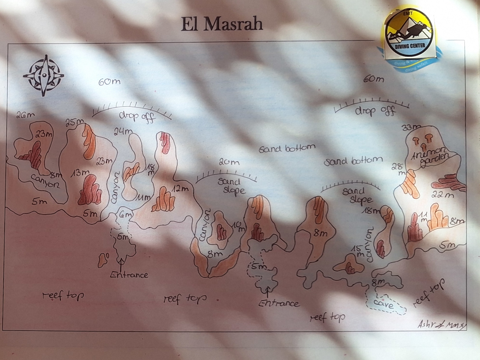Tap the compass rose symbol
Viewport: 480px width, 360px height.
pyautogui.click(x=43, y=75)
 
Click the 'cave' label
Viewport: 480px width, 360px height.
pyautogui.click(x=383, y=305)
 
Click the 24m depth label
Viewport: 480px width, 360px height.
pyautogui.click(x=123, y=131)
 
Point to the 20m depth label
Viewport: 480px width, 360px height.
pyautogui.click(x=229, y=162)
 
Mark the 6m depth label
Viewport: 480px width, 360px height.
pyautogui.click(x=125, y=215)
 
